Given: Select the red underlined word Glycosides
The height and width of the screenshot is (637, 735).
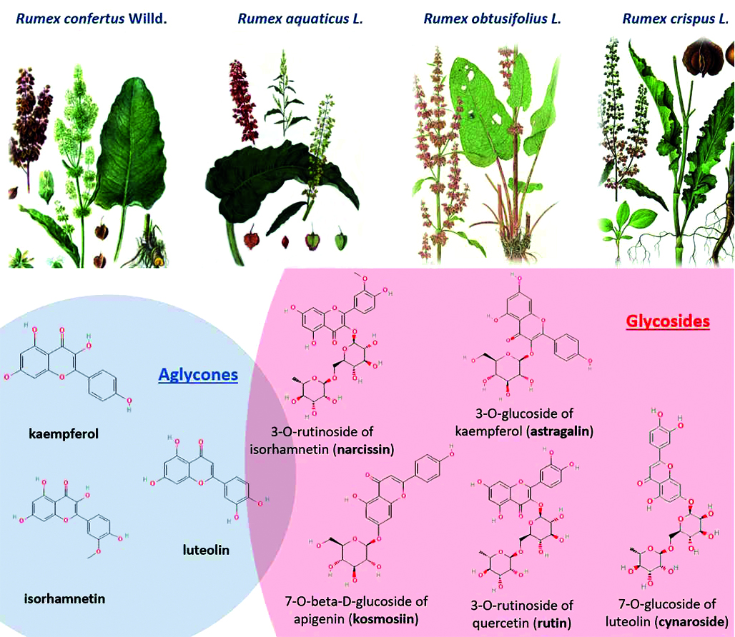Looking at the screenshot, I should [x=667, y=321].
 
